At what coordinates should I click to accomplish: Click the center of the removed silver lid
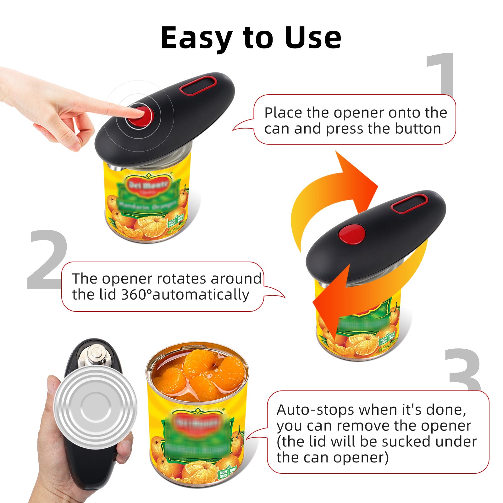tap(96, 407)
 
